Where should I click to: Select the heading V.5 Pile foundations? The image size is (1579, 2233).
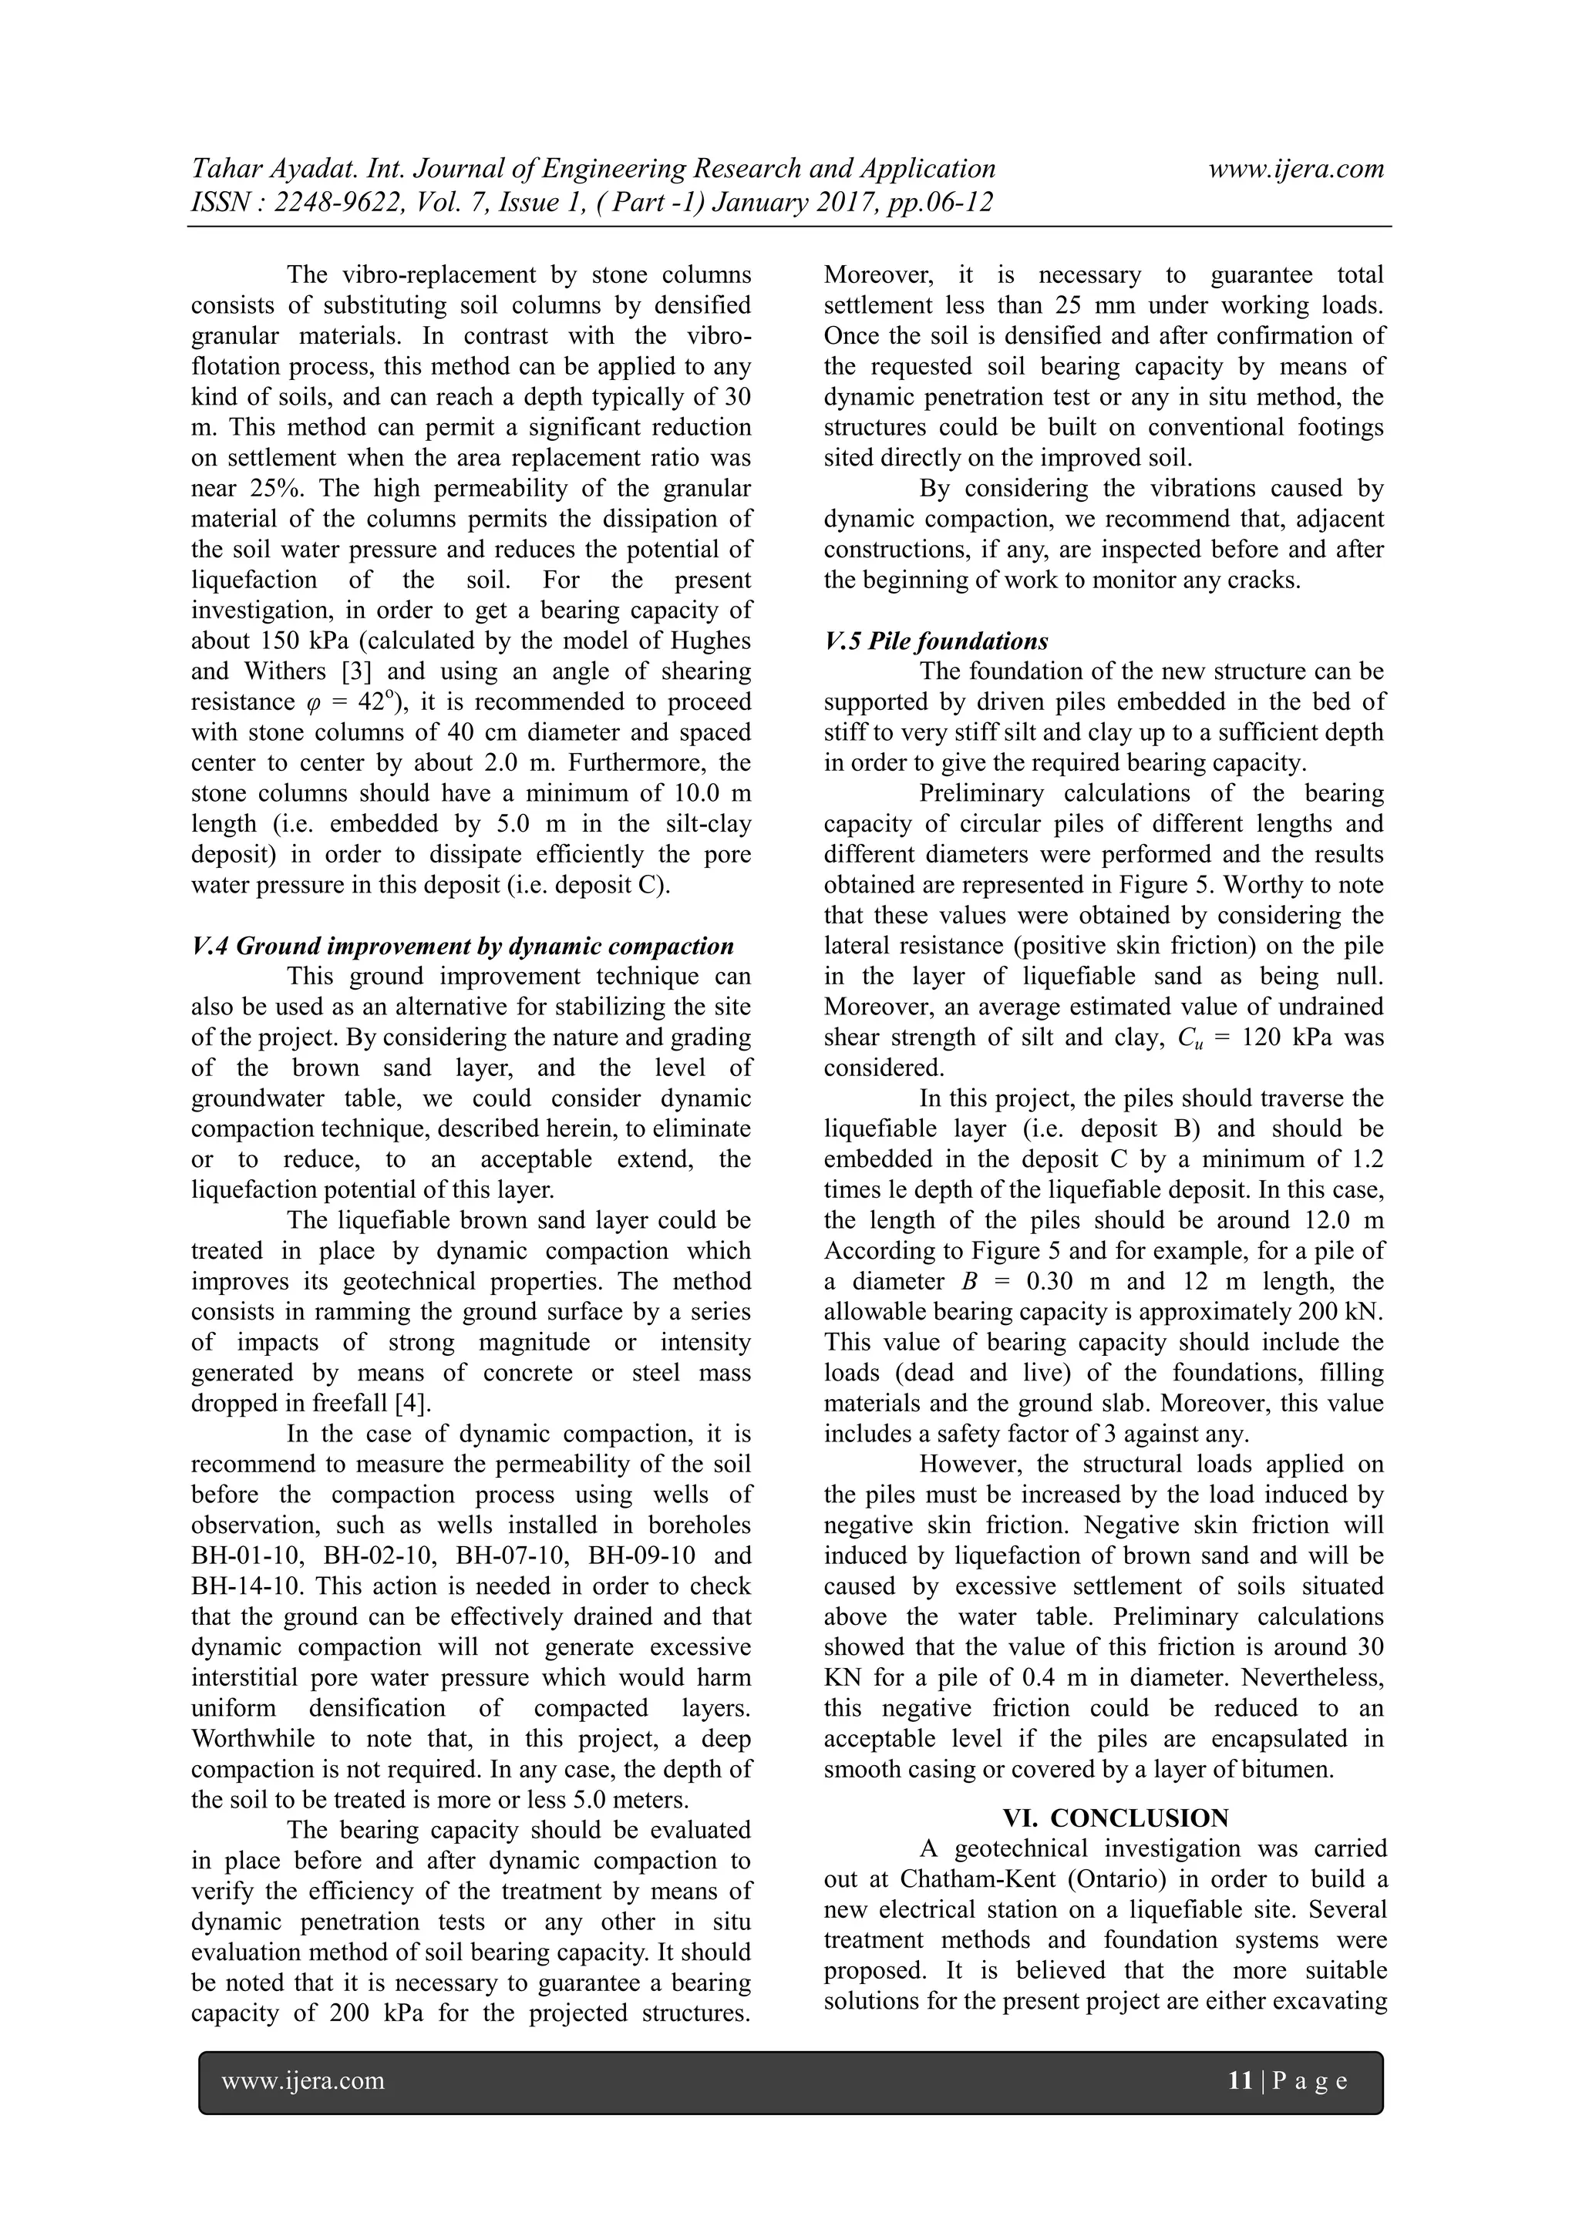[936, 641]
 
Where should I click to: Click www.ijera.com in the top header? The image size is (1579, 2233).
[1296, 170]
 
